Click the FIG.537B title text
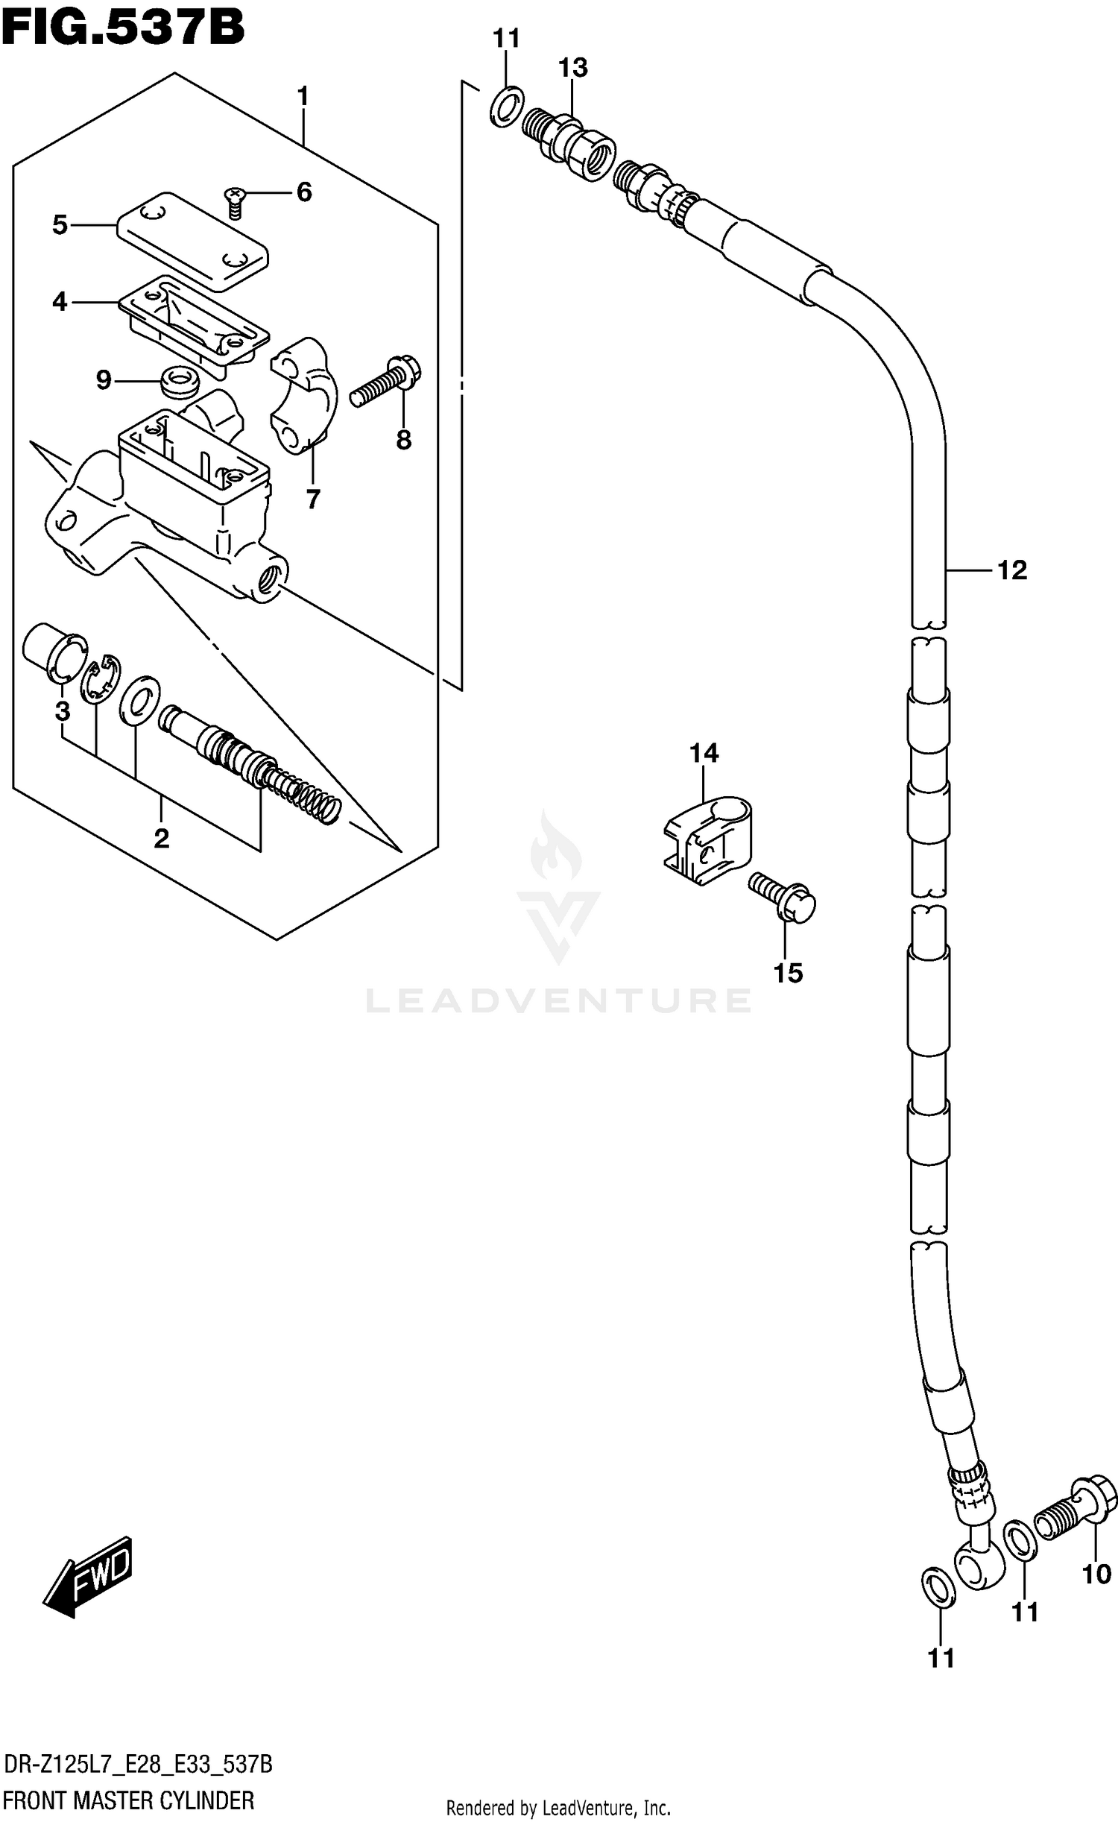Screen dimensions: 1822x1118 (123, 28)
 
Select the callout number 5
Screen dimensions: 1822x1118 (60, 224)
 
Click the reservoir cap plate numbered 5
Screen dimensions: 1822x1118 (192, 241)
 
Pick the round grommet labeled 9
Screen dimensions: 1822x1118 (180, 381)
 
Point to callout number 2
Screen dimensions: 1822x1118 (162, 839)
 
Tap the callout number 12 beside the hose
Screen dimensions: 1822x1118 (1011, 570)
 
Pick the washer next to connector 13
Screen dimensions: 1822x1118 (507, 106)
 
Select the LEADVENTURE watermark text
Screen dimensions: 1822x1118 (558, 1000)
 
